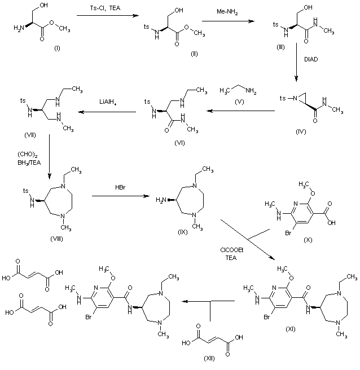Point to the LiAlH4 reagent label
[x=109, y=105]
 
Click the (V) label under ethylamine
[x=239, y=104]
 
